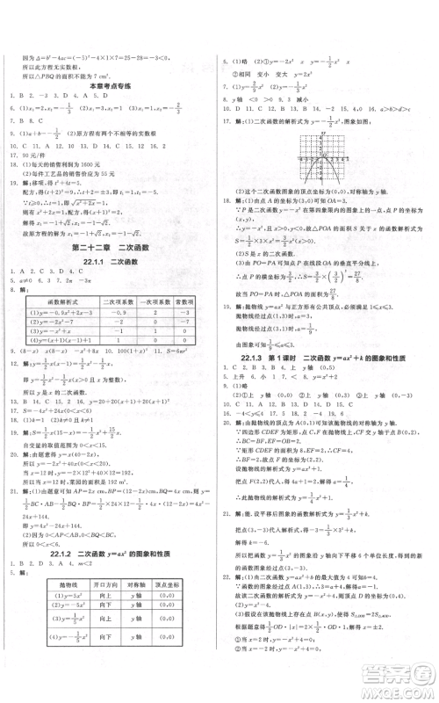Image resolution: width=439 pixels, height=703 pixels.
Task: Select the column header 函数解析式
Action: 64,301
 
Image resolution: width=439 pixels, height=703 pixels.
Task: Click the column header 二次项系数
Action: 118,301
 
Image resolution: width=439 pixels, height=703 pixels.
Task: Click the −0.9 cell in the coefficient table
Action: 118,313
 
